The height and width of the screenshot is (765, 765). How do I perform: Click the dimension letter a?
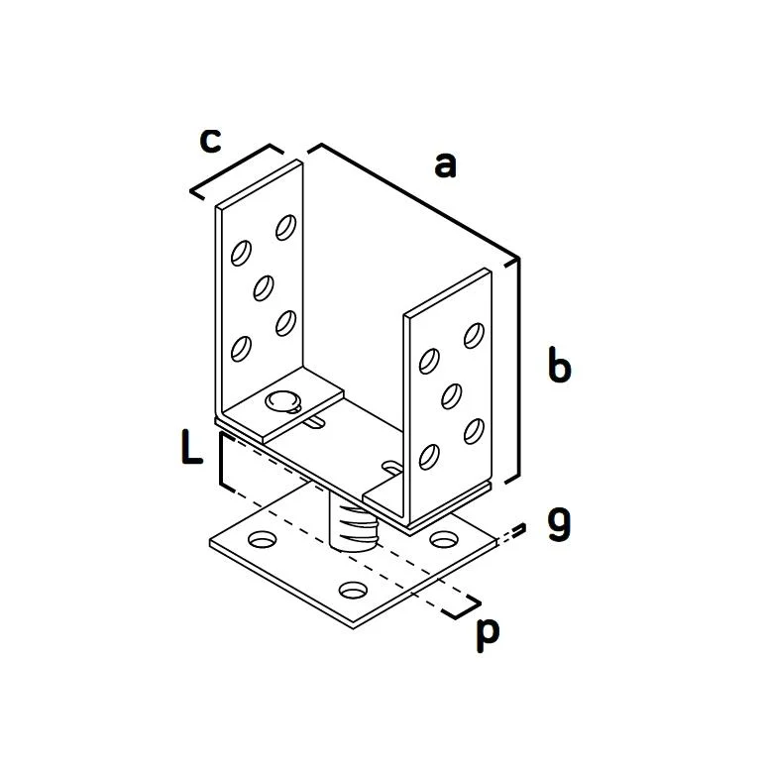pos(446,164)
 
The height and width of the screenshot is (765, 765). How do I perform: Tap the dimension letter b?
pos(559,364)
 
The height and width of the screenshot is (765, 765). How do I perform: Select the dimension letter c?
pos(211,141)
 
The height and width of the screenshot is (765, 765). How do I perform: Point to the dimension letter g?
pos(559,524)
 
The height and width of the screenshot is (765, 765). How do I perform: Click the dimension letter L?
pos(191,446)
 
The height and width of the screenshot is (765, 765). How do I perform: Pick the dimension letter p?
pos(488,634)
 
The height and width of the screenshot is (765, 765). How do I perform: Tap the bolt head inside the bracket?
pos(283,401)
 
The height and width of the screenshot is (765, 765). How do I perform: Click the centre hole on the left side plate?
pos(264,287)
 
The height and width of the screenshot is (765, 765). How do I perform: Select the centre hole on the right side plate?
pos(451,396)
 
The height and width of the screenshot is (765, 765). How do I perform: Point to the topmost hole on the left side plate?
pos(286,227)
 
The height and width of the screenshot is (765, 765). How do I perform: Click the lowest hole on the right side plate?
pos(429,457)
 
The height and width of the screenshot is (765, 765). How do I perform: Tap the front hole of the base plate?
pos(353,591)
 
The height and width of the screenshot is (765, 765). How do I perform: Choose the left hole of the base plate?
pos(263,539)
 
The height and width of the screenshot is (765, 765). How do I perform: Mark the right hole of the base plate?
pos(444,539)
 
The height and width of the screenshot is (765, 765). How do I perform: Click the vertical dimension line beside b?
pos(517,369)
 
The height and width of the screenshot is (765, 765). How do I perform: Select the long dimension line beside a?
pos(418,201)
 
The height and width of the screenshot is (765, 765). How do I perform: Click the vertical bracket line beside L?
pos(223,460)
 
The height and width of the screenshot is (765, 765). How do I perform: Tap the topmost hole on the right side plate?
pos(475,336)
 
